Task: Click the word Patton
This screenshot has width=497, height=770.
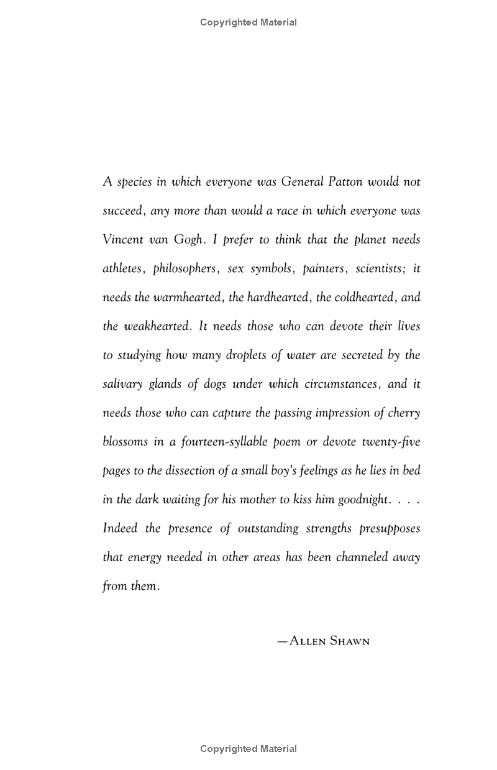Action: point(345,182)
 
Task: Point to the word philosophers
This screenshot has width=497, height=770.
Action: point(185,268)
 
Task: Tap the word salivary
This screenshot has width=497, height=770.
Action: point(122,384)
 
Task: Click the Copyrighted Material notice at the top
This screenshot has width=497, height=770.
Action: point(248,22)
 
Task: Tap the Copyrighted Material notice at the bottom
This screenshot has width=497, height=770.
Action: point(248,749)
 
